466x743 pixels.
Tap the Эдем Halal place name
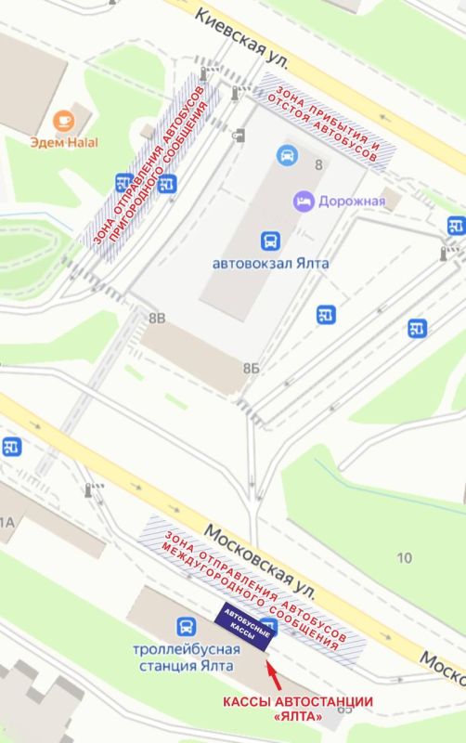(x=64, y=142)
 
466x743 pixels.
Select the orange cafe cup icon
(x=64, y=120)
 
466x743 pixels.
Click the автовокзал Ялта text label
(x=271, y=263)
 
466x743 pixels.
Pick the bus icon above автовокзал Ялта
(x=270, y=241)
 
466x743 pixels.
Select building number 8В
(x=157, y=319)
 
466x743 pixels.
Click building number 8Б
(x=251, y=369)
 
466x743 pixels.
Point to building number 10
(x=404, y=557)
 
